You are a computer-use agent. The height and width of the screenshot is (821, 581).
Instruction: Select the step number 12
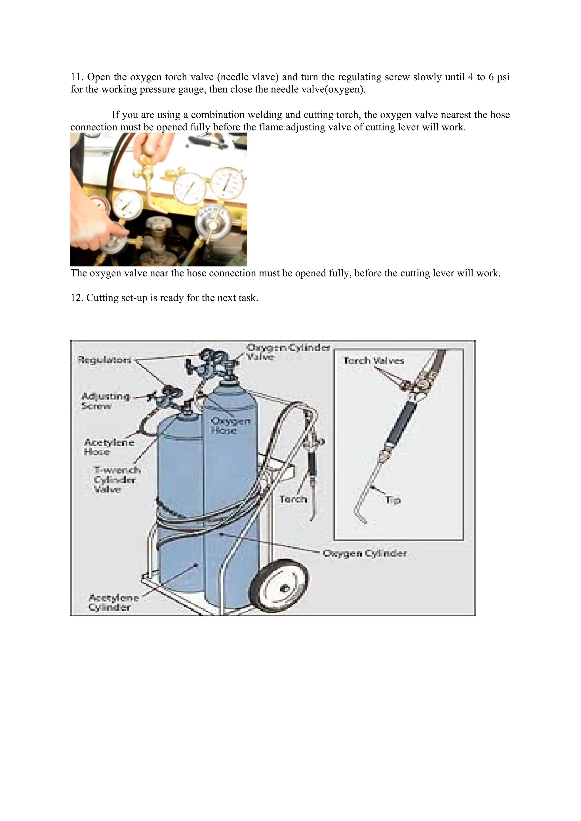tap(76, 298)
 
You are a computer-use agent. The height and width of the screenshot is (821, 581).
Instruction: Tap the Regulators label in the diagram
tap(104, 360)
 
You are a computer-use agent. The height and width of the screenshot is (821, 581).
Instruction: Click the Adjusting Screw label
tap(105, 401)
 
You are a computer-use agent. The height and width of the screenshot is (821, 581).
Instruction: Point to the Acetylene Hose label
tap(109, 447)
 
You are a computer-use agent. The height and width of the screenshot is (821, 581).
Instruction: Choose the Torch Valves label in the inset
tap(374, 361)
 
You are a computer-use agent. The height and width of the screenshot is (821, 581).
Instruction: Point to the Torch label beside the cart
tap(293, 499)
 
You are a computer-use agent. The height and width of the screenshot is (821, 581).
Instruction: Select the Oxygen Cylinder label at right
tap(365, 554)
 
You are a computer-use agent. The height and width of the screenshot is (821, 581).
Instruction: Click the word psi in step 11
tap(503, 77)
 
